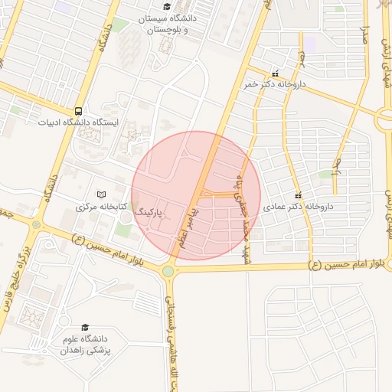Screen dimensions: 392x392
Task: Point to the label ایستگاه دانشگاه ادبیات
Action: coord(80,122)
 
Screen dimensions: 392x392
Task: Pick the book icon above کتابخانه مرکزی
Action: coord(101,194)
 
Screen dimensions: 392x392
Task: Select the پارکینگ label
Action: coord(154,208)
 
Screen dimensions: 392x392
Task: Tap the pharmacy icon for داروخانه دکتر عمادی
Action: coord(298,194)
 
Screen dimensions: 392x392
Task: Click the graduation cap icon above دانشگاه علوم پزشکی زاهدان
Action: coord(84,327)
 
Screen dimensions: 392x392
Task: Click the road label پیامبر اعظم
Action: coord(188,220)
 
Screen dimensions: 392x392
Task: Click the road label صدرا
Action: coord(366,34)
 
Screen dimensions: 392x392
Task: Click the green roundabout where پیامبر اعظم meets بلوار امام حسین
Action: coord(168,270)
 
